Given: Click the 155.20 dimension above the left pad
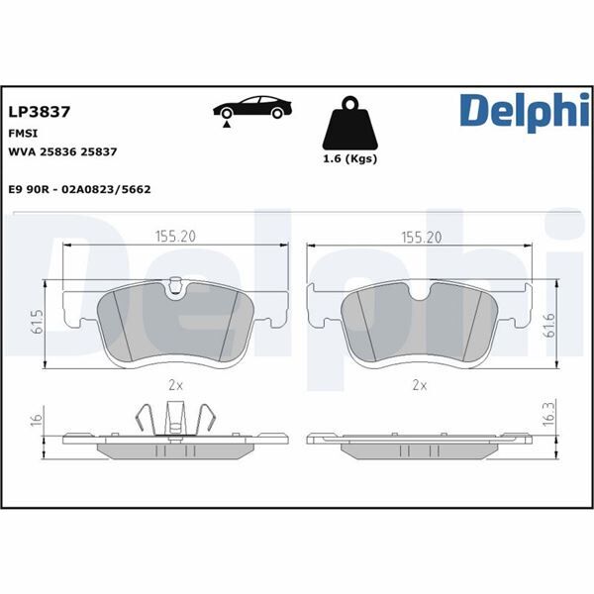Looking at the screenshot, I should [x=174, y=237].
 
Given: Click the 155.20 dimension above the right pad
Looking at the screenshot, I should [x=420, y=237].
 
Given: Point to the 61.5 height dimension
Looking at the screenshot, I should [x=38, y=324].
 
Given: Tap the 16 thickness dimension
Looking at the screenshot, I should [x=36, y=419].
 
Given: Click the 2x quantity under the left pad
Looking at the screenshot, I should [x=174, y=383].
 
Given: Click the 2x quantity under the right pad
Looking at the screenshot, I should [x=420, y=383].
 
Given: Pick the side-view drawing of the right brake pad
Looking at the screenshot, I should [x=420, y=445].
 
